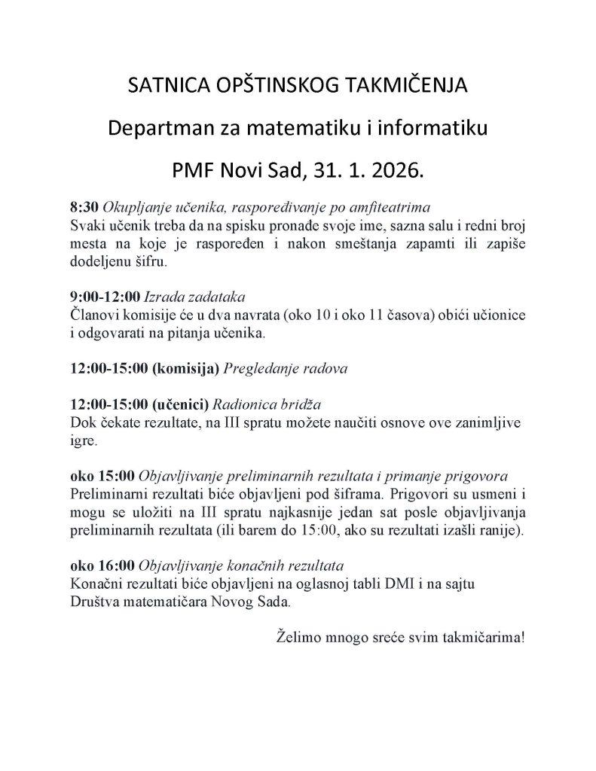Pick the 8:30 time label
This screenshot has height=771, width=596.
pyautogui.click(x=84, y=206)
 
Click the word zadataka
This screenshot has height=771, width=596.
pyautogui.click(x=220, y=297)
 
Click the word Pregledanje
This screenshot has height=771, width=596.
pyautogui.click(x=260, y=369)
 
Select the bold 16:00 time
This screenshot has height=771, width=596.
pyautogui.click(x=118, y=565)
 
